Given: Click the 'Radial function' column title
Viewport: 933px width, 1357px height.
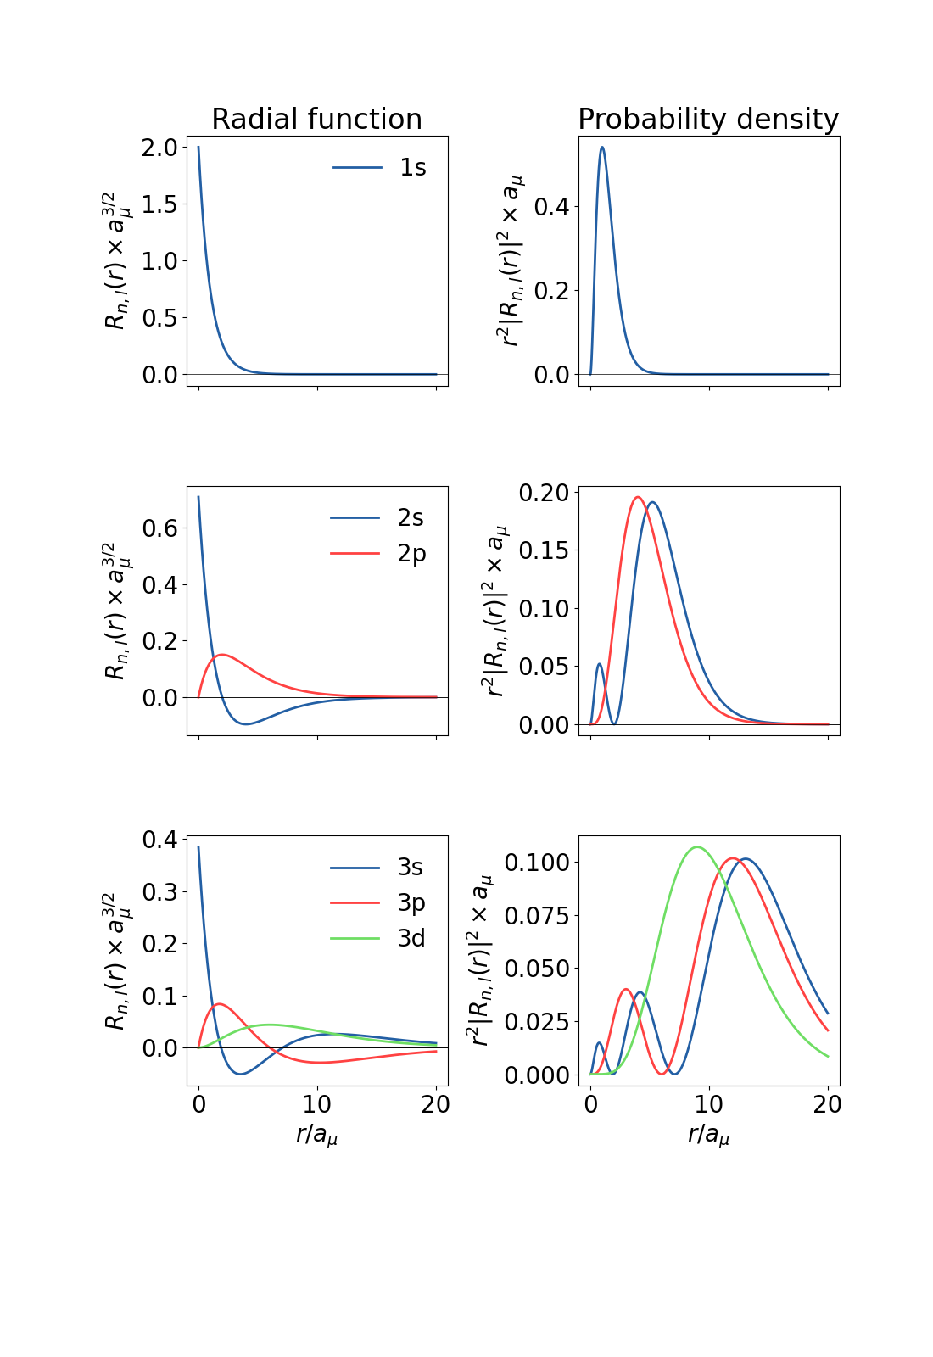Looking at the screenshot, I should click(316, 120).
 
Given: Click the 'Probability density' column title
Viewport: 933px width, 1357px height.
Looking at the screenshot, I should click(708, 120).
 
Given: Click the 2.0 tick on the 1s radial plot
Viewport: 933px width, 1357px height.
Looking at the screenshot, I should click(160, 148).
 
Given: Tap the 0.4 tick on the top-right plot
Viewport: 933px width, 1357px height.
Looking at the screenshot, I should click(551, 207).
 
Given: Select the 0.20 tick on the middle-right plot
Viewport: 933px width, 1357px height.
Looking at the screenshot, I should click(544, 493).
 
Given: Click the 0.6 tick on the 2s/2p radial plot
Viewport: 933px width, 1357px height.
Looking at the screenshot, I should click(160, 528).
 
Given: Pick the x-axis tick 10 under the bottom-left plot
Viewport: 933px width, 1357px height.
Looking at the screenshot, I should click(317, 1104).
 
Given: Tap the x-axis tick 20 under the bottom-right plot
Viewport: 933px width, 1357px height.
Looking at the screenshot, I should click(827, 1104).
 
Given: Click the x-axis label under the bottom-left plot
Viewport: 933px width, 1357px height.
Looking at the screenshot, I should click(317, 1135).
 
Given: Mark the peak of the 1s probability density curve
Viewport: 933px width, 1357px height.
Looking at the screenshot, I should click(602, 148).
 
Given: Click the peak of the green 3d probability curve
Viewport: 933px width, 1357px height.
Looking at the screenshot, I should click(697, 846).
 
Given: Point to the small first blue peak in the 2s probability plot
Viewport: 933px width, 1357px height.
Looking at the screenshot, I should click(600, 664).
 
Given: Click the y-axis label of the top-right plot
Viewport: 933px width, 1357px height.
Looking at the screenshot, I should click(511, 260).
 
